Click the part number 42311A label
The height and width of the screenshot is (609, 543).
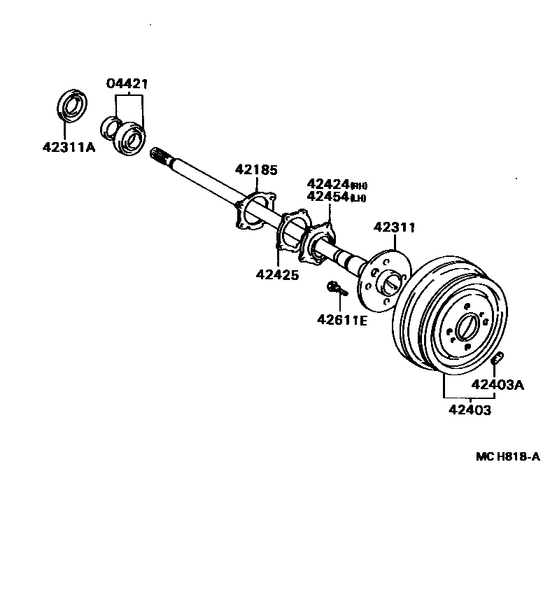pyautogui.click(x=68, y=148)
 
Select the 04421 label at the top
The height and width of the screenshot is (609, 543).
pyautogui.click(x=127, y=84)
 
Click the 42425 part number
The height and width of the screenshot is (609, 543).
pyautogui.click(x=277, y=275)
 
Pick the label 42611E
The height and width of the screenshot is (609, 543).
pyautogui.click(x=342, y=320)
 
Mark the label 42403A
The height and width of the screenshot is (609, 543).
pyautogui.click(x=498, y=384)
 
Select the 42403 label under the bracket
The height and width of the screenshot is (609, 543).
pyautogui.click(x=469, y=410)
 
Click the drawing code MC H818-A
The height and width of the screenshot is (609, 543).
pyautogui.click(x=507, y=456)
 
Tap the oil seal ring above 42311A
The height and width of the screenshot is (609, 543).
pyautogui.click(x=71, y=106)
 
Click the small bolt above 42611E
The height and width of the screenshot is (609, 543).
pyautogui.click(x=334, y=286)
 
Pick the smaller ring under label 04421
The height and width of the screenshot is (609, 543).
pyautogui.click(x=110, y=127)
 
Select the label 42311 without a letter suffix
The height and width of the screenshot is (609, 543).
pyautogui.click(x=395, y=227)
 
